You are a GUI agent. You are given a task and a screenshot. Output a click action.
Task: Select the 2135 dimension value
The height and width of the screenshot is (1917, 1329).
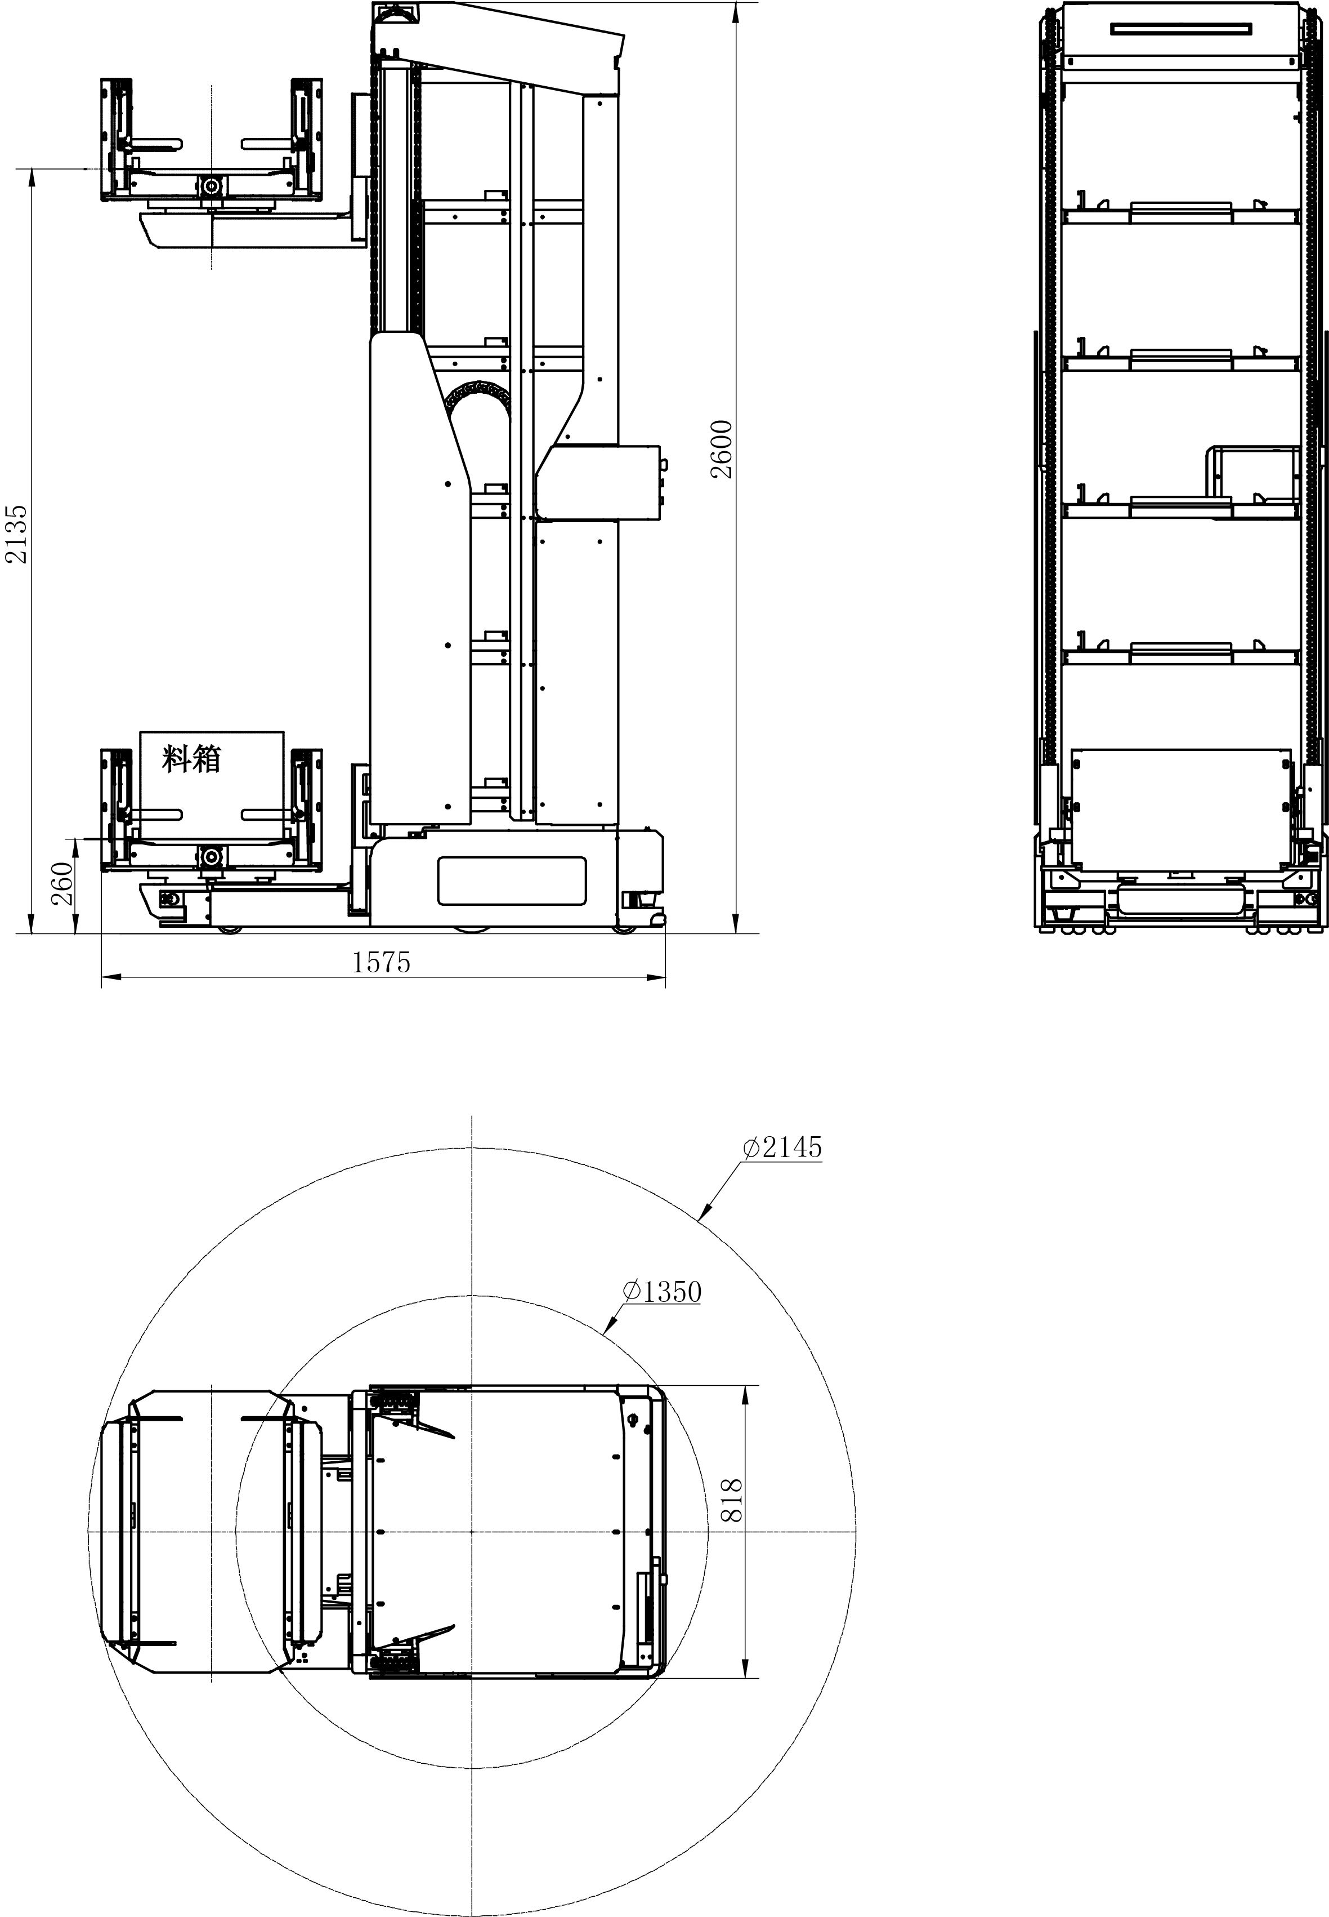click(x=17, y=534)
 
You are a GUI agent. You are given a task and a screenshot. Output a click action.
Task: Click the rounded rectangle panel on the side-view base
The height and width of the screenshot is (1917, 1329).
click(x=511, y=880)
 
